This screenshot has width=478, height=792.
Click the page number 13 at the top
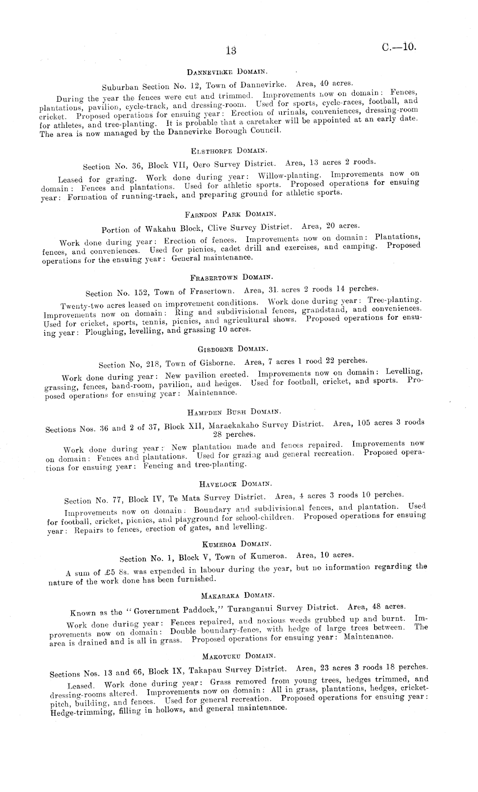point(231,51)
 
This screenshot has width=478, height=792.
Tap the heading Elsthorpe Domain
point(229,151)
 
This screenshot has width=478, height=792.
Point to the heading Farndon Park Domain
point(230,214)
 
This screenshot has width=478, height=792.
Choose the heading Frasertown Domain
point(232,277)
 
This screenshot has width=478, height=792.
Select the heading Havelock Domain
point(235,484)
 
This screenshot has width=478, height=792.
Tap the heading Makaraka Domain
point(237,596)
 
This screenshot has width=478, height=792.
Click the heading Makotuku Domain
point(239,656)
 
